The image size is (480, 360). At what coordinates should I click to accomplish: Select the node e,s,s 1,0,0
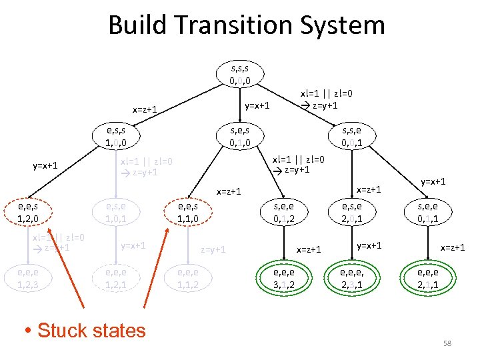point(112,135)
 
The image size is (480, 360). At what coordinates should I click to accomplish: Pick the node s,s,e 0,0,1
point(352,135)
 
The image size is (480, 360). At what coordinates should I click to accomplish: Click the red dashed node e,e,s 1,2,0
point(28,213)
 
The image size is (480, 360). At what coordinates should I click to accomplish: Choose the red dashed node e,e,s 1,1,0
point(189,213)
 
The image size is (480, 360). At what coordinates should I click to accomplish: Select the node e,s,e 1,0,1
point(112,213)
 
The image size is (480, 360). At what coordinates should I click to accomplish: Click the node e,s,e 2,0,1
point(352,213)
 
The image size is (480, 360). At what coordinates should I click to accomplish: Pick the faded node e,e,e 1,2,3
point(28,278)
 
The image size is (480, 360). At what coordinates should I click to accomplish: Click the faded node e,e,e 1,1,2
point(189,278)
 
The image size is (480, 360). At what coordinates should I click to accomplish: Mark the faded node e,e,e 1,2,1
point(112,278)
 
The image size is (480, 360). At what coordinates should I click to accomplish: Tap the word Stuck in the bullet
point(63,330)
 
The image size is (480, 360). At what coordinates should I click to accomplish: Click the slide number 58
point(447,343)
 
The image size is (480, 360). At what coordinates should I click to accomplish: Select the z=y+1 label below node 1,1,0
point(214,249)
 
